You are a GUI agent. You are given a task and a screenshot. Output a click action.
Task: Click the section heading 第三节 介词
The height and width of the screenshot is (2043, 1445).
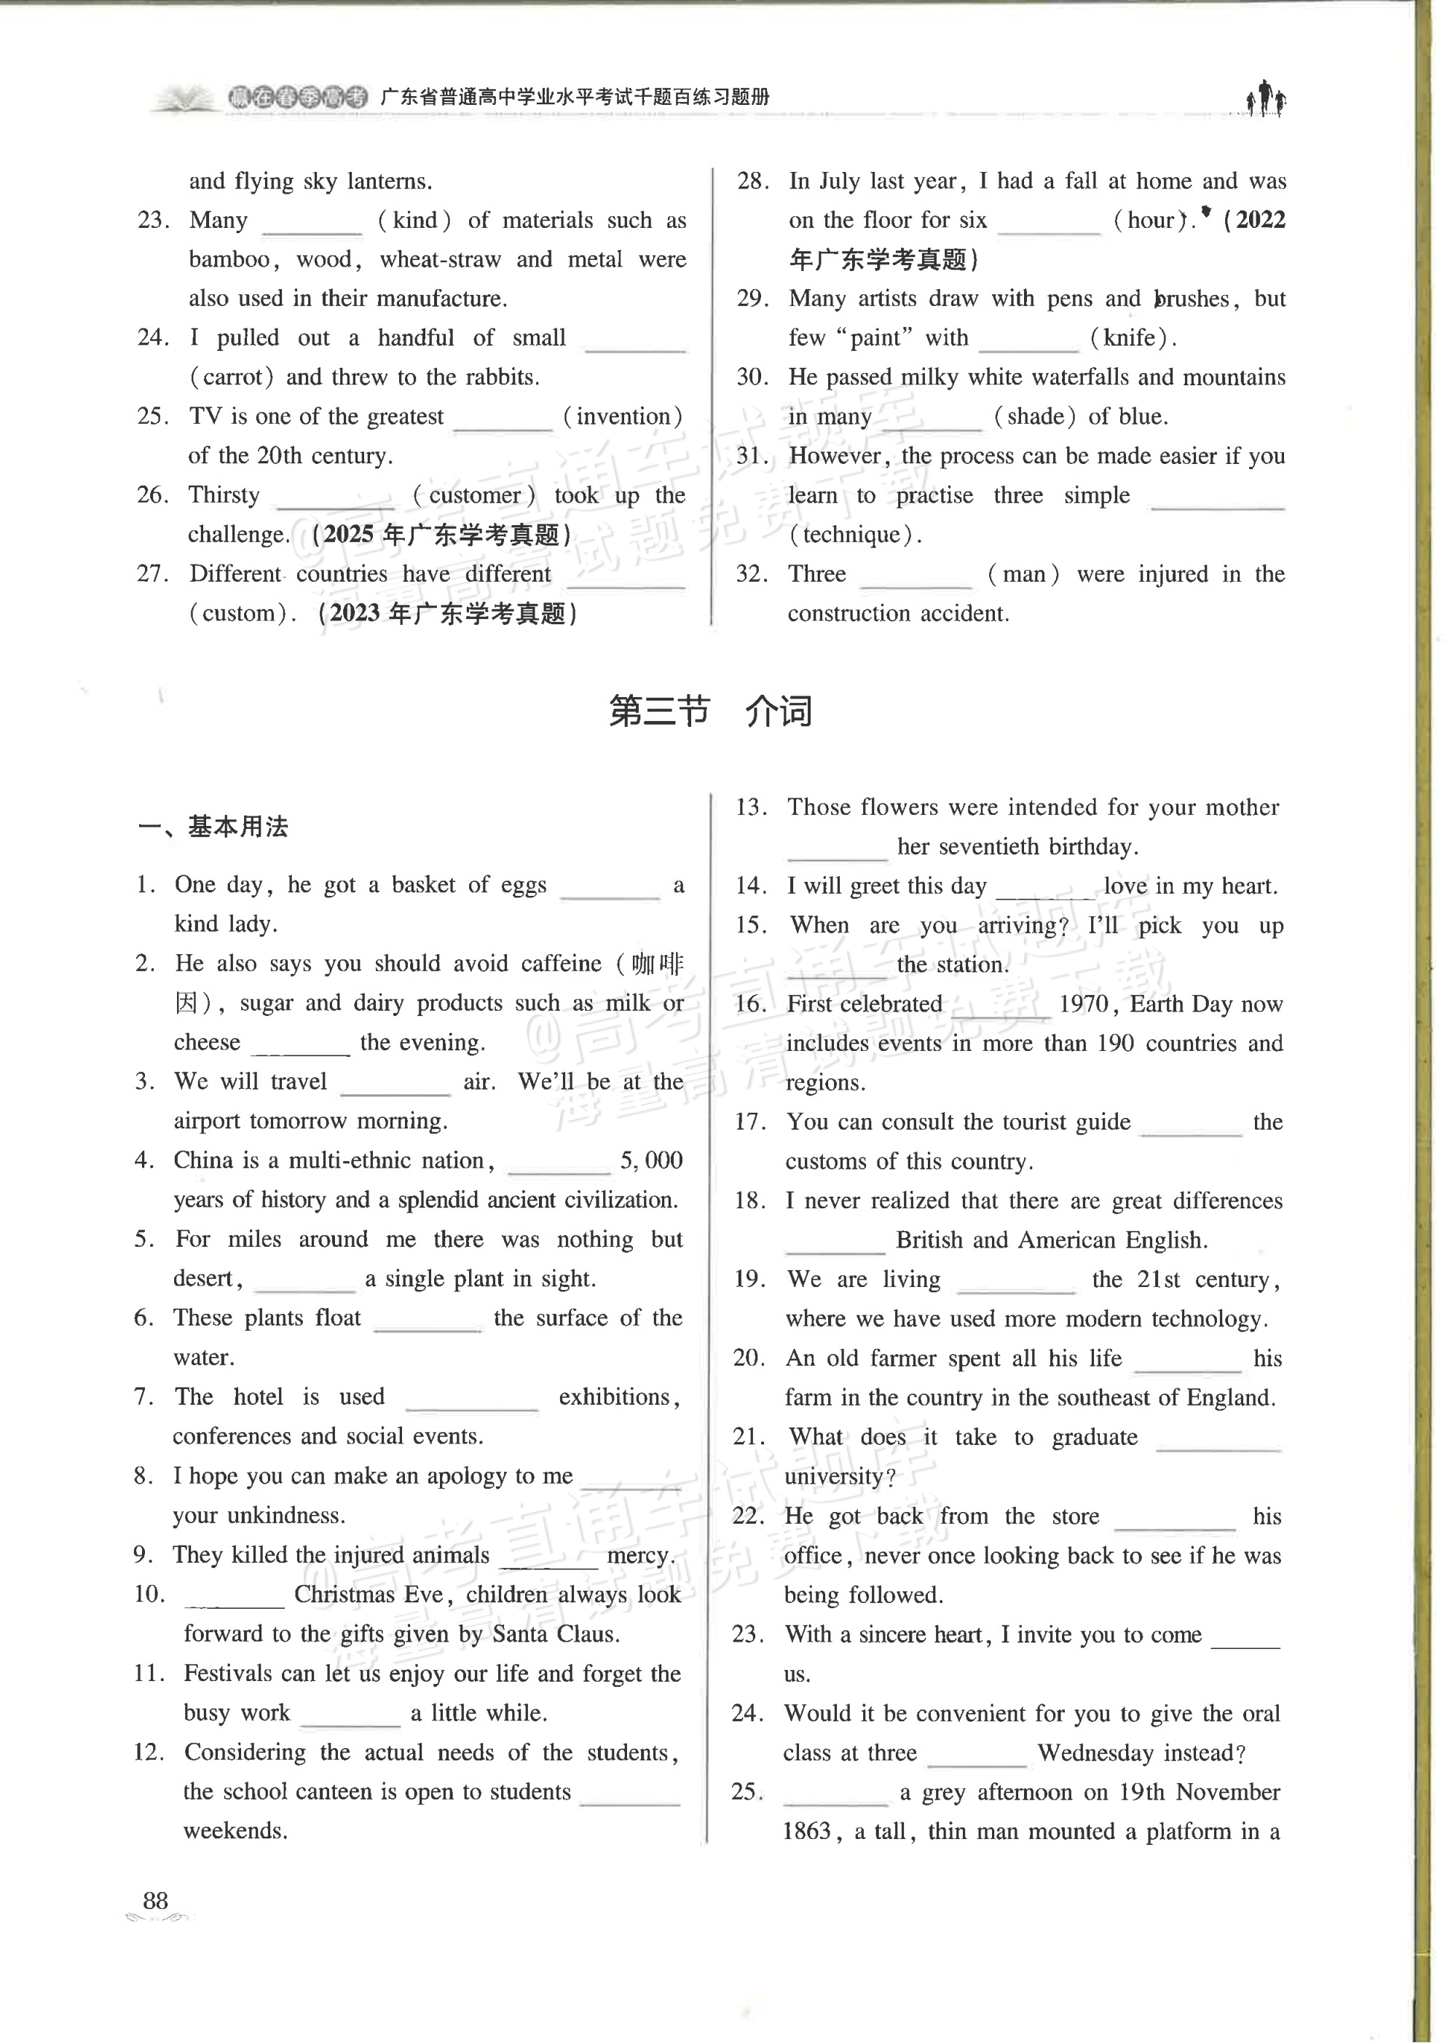pyautogui.click(x=710, y=712)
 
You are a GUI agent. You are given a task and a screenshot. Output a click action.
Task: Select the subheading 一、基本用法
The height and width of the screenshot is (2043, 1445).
pyautogui.click(x=213, y=827)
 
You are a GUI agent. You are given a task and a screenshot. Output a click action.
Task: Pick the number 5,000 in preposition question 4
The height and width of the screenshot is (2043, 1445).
pyautogui.click(x=651, y=1160)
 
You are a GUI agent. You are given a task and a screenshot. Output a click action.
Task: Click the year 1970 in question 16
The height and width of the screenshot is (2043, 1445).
pyautogui.click(x=1083, y=1004)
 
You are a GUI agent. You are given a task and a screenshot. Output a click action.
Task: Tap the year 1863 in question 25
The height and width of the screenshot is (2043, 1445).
pyautogui.click(x=807, y=1830)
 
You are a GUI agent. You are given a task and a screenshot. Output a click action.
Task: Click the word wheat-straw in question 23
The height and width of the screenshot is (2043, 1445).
pyautogui.click(x=440, y=260)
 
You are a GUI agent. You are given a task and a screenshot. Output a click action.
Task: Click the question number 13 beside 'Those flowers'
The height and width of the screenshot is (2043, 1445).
pyautogui.click(x=751, y=807)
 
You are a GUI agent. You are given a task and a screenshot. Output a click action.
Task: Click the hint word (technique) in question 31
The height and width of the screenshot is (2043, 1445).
pyautogui.click(x=854, y=535)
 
